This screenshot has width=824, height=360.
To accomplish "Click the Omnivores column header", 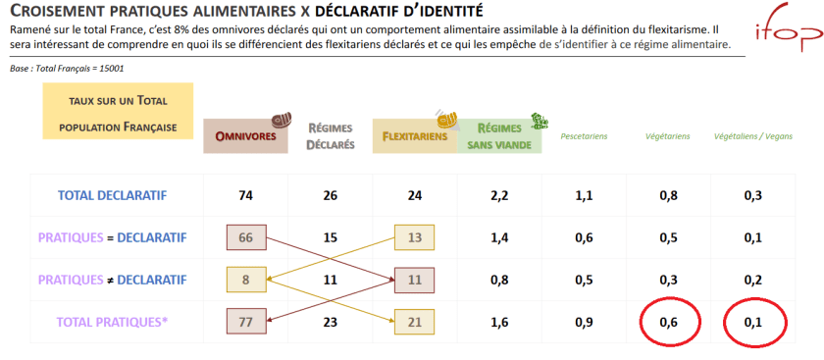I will (x=246, y=136).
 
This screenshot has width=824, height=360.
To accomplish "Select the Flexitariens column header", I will (x=414, y=136).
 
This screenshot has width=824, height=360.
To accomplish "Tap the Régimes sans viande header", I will (x=499, y=136).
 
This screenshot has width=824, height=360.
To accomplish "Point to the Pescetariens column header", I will (x=584, y=136).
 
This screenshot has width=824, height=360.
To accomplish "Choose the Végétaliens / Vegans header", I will (x=752, y=136).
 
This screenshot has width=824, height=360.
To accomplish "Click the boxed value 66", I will (x=245, y=237).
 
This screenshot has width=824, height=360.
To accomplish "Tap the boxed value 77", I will (x=245, y=321).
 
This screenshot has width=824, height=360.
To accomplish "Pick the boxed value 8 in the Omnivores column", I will (x=245, y=280).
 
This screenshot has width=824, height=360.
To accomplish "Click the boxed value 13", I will (x=414, y=237).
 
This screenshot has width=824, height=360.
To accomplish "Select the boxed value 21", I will (x=414, y=321).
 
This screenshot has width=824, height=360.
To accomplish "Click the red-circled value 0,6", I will (x=668, y=321).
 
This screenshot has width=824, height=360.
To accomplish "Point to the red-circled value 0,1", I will (x=752, y=321).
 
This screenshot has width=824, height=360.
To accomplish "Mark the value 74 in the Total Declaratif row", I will (x=245, y=195).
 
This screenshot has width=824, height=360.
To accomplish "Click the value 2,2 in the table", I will (x=499, y=195).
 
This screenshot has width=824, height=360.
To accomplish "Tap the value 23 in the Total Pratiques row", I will (x=330, y=321).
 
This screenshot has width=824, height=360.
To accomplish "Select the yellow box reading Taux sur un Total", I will (x=117, y=112).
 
